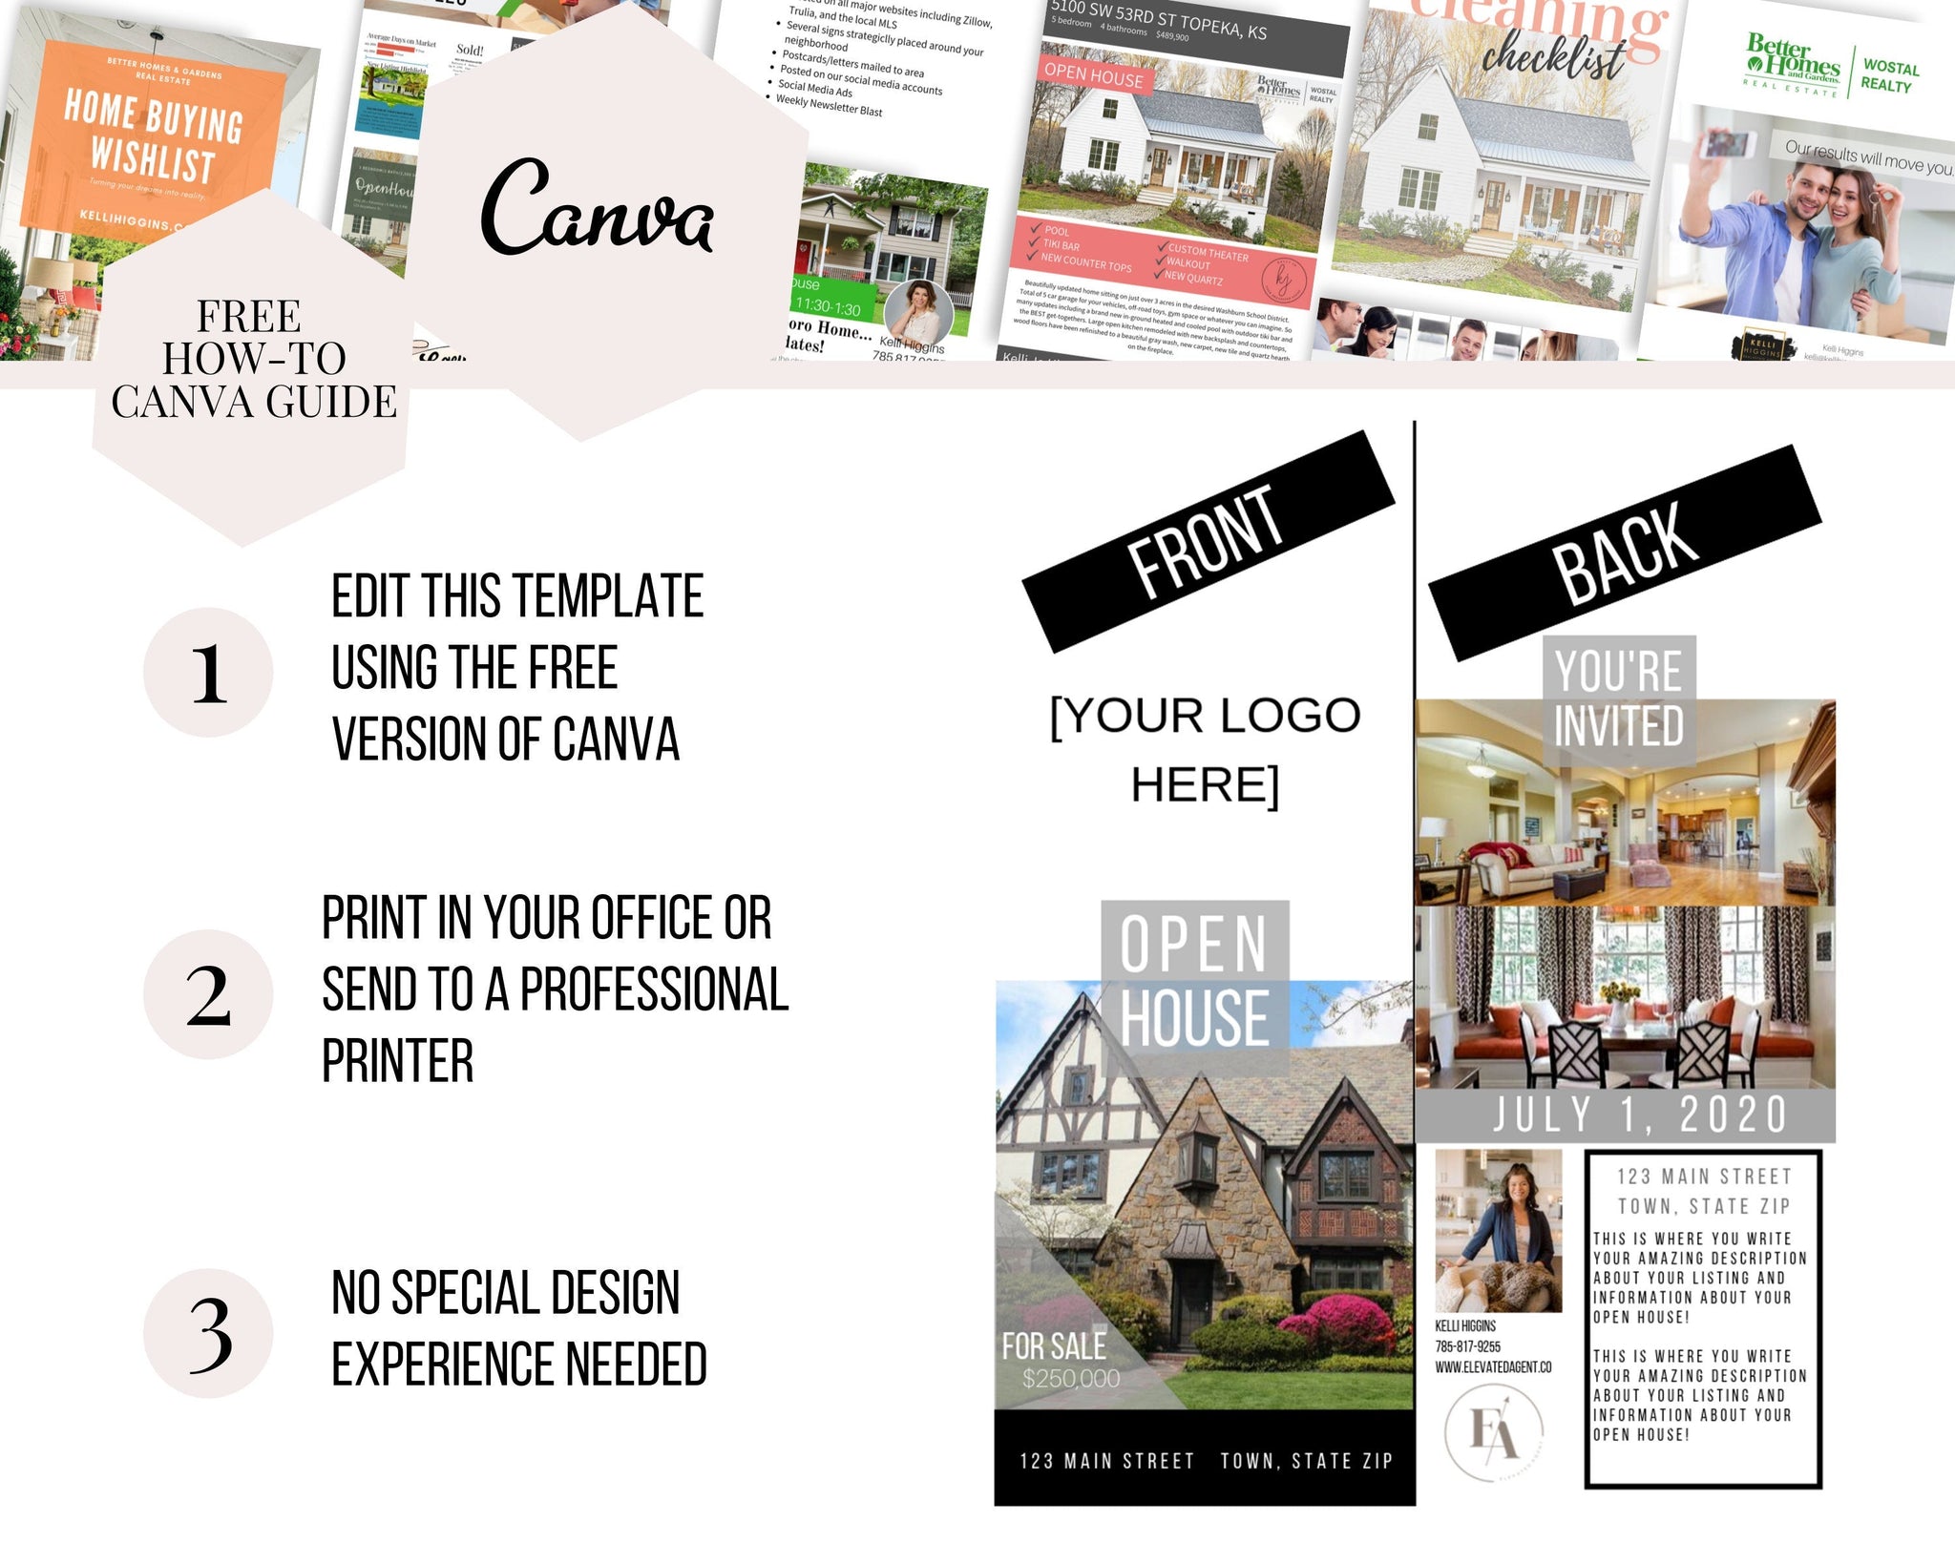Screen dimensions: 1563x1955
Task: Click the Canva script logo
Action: [597, 208]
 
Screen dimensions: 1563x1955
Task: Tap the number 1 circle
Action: [208, 673]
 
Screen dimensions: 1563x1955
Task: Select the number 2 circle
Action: [208, 994]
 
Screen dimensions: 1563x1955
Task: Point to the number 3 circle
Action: [208, 1333]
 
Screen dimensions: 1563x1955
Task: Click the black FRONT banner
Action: [1208, 541]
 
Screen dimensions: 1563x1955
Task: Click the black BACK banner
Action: [1625, 552]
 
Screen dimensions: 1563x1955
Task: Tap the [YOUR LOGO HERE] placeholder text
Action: [1205, 750]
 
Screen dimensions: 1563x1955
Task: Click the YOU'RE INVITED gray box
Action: [1619, 698]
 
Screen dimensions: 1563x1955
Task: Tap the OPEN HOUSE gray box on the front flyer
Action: [1194, 981]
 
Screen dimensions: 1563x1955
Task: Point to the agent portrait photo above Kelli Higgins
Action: [1499, 1231]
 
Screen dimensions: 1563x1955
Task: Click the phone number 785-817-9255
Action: [1467, 1346]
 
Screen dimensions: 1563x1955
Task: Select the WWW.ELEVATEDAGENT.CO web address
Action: [1493, 1367]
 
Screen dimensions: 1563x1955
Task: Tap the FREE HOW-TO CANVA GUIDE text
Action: [253, 360]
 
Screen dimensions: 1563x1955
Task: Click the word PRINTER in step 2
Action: [397, 1061]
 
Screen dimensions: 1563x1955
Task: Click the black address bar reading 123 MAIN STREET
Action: [1205, 1461]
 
